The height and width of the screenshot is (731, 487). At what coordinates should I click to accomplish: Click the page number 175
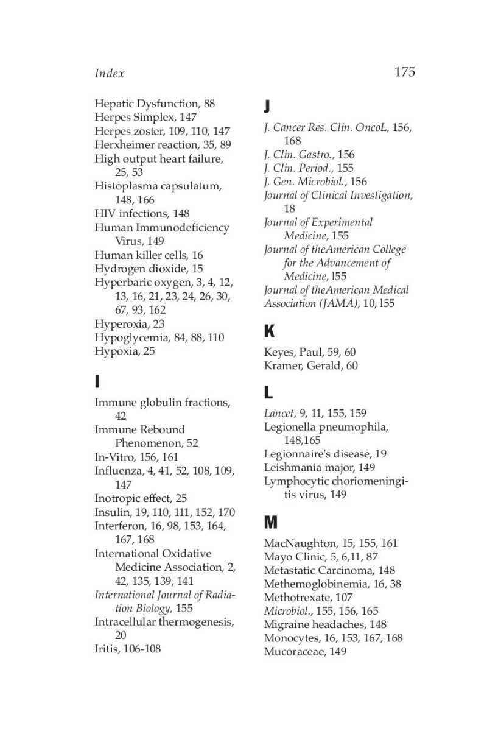point(404,72)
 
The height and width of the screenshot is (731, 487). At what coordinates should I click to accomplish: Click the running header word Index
point(110,74)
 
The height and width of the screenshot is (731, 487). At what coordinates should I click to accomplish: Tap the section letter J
point(267,107)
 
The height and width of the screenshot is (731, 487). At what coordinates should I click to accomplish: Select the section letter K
point(269,332)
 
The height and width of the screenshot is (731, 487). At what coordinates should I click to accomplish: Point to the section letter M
point(271,523)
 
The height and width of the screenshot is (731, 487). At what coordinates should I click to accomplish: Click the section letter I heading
point(97,382)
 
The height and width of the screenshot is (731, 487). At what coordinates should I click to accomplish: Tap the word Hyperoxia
point(121,324)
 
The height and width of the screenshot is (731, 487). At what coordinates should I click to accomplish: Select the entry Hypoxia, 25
point(125,351)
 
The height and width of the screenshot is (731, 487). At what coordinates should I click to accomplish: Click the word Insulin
point(111,512)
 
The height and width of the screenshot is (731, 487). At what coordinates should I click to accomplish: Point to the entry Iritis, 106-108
point(128,649)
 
